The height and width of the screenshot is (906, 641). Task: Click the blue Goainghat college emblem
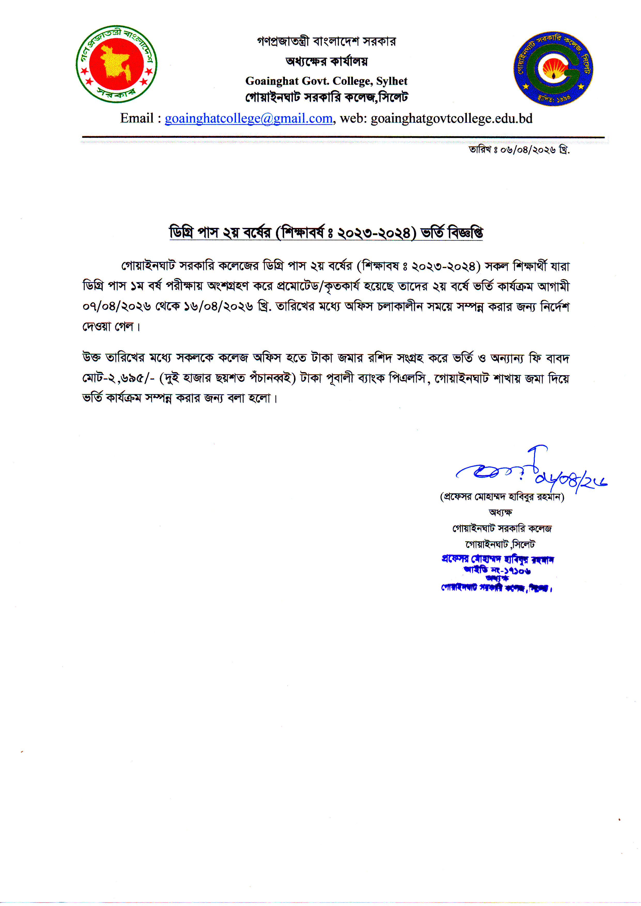(x=553, y=69)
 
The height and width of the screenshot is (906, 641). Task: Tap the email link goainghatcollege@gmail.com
(x=248, y=118)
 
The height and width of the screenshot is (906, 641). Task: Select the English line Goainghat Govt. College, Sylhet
(x=326, y=81)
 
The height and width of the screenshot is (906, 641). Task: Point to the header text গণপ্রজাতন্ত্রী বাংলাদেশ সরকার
(x=326, y=41)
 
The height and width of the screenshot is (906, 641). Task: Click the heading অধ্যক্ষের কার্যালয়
(x=326, y=61)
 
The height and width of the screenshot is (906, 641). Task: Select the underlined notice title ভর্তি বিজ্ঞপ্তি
(x=452, y=233)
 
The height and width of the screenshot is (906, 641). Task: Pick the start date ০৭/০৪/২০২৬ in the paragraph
(x=117, y=307)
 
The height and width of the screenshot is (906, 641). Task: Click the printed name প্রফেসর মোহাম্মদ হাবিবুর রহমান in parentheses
(x=502, y=497)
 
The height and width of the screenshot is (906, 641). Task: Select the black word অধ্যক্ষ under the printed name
(x=500, y=512)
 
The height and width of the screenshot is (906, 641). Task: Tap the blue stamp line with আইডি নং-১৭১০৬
(x=497, y=570)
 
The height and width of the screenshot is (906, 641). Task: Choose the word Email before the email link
(x=137, y=118)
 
